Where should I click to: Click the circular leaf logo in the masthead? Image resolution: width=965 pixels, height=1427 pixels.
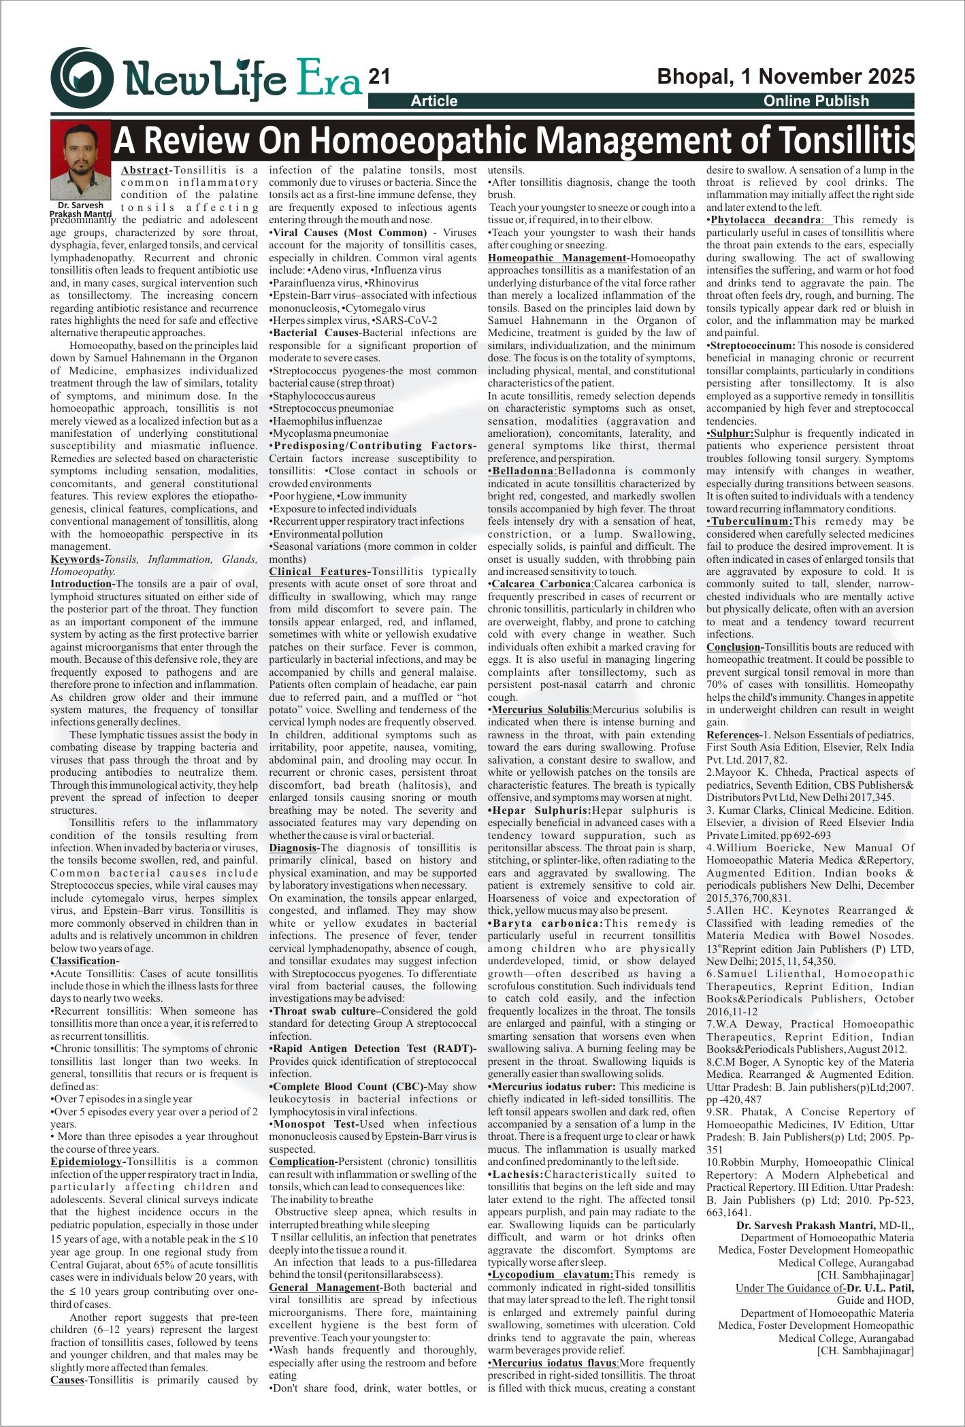(82, 77)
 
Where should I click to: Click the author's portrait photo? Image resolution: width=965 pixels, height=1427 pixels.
(80, 159)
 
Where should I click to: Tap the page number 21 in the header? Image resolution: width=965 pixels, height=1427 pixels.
(378, 76)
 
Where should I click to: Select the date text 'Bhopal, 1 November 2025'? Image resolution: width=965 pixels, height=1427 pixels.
(785, 76)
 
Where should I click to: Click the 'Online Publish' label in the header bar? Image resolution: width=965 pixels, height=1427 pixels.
(816, 101)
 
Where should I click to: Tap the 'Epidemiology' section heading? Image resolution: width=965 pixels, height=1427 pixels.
(87, 1161)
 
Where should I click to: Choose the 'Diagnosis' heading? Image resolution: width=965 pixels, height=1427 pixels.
(293, 848)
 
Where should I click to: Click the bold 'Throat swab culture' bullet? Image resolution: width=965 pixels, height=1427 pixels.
(324, 1011)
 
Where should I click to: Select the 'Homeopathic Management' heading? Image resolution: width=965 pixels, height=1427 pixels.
(556, 258)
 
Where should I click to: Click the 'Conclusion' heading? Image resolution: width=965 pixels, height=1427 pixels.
(732, 647)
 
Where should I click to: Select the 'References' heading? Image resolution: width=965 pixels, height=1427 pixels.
(732, 735)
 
